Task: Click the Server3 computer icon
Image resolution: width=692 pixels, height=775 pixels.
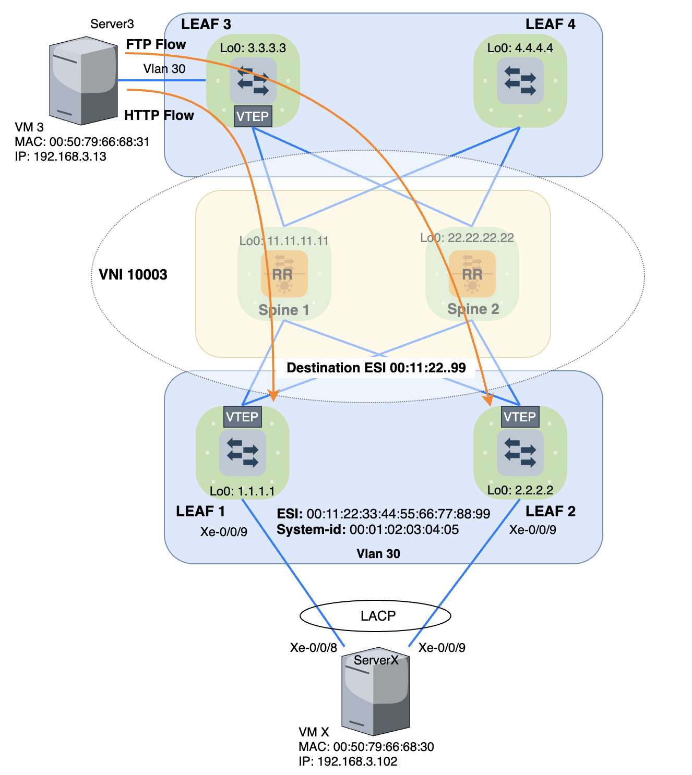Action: (83, 81)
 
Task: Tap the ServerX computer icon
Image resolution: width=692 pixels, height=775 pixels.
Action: (375, 694)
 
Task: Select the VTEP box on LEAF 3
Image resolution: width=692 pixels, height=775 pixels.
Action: (253, 116)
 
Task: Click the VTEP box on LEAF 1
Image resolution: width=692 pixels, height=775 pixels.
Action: (242, 417)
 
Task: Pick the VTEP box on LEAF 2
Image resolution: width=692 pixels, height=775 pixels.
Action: (519, 417)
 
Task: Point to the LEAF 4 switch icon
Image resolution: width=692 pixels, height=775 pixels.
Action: (520, 81)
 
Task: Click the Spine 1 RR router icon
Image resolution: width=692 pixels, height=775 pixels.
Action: (284, 274)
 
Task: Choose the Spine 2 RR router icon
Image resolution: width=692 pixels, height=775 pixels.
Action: (472, 274)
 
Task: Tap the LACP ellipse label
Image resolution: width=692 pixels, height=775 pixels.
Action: (378, 616)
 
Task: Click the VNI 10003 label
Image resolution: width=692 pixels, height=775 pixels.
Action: (133, 275)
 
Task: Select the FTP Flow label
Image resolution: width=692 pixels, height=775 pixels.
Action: (156, 44)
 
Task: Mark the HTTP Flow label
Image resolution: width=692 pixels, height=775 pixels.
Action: (159, 115)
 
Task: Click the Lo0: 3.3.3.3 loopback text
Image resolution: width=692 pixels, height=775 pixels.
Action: (253, 48)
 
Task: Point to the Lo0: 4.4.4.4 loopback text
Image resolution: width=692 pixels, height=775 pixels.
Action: (520, 48)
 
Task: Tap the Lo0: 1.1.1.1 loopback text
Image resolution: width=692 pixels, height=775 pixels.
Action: (242, 491)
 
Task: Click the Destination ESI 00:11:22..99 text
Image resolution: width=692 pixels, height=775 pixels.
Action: (376, 368)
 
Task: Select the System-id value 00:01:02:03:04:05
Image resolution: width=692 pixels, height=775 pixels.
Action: (404, 530)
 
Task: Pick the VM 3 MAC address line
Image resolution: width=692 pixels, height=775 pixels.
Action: (82, 142)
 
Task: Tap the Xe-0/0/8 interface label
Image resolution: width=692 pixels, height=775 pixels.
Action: (313, 647)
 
